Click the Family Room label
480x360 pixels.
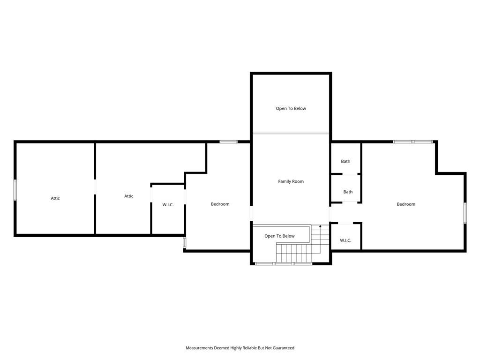pos(291,181)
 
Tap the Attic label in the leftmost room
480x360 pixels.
pos(55,198)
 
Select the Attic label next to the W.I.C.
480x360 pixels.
pos(128,196)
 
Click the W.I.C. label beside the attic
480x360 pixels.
pos(168,204)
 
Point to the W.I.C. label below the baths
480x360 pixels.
pos(345,240)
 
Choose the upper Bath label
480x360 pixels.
pos(345,161)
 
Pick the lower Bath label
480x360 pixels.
pos(348,192)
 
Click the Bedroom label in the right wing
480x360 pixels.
pos(406,204)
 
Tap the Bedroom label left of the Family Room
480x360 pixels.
pos(220,204)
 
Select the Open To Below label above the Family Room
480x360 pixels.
pos(291,108)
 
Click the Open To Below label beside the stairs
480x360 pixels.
pos(279,236)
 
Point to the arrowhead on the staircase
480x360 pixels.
pos(320,226)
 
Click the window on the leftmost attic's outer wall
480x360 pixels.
pos(15,190)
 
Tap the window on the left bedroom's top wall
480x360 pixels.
pos(229,142)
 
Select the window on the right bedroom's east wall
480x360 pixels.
pos(465,213)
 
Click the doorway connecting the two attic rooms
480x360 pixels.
pos(95,187)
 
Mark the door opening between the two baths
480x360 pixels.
pos(350,174)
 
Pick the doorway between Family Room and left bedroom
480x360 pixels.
pos(251,213)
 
